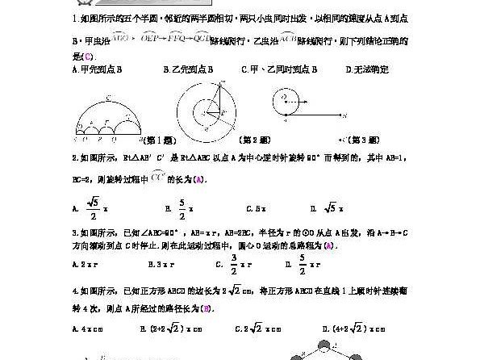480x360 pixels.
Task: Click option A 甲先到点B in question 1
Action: (97, 69)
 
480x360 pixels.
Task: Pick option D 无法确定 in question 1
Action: (368, 69)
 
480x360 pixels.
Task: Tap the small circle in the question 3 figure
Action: (284, 101)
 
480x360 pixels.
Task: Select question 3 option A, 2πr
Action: (85, 263)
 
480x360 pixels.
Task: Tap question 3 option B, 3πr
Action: (161, 263)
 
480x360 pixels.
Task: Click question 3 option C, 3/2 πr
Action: (234, 263)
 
